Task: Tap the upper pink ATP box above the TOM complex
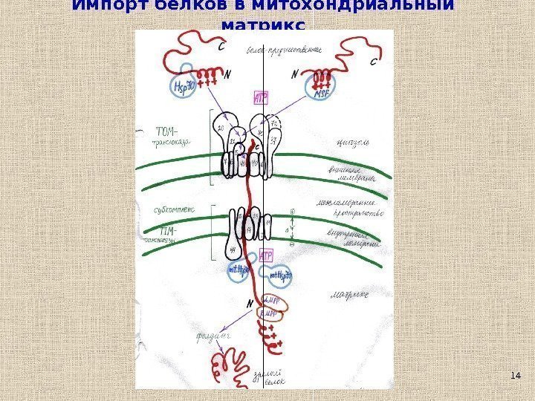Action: click(261, 97)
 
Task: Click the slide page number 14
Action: click(516, 378)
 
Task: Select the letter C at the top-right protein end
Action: click(373, 62)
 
